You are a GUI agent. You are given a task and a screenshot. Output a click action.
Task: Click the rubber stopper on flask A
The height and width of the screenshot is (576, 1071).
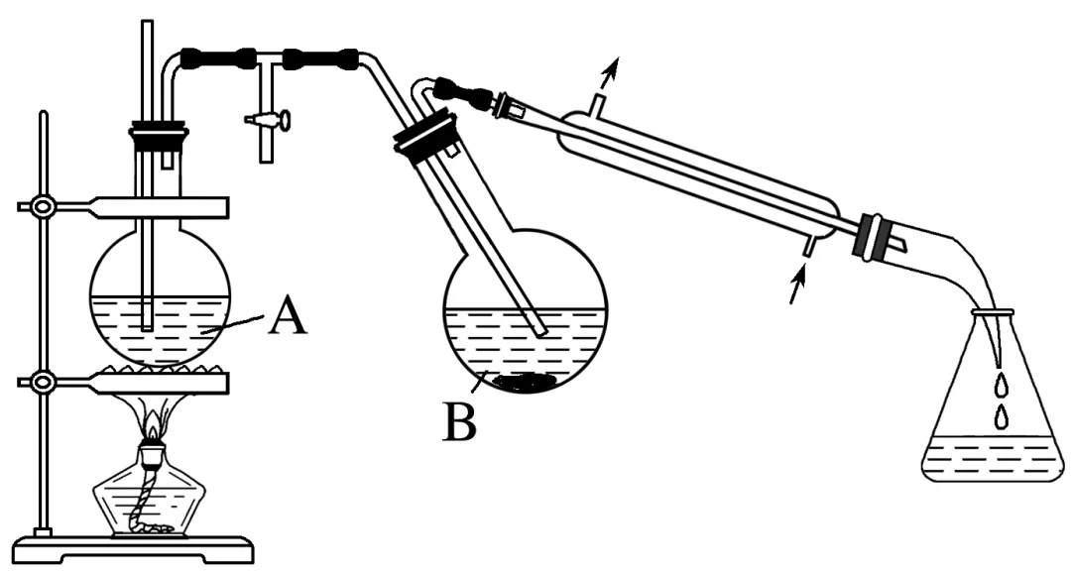point(159,134)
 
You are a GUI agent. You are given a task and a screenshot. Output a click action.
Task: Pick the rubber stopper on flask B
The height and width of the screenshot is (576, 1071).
point(425,136)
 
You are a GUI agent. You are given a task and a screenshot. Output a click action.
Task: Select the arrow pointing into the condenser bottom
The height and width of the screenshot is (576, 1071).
point(794,290)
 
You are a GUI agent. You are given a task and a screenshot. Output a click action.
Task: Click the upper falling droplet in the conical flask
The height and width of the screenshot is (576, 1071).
point(1000,381)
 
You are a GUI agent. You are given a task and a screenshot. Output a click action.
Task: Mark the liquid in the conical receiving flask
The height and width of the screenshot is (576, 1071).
point(988,460)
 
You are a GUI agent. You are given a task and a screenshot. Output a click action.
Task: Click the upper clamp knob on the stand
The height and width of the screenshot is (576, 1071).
point(43,207)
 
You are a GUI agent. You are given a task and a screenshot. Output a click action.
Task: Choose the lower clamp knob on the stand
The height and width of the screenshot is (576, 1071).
point(43,382)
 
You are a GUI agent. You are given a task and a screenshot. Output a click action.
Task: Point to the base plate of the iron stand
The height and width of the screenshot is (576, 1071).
point(139,547)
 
